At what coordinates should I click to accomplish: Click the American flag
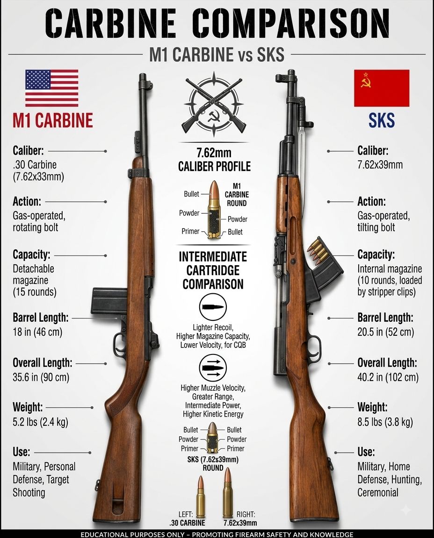tap(51, 88)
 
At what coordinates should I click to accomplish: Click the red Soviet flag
tap(382, 88)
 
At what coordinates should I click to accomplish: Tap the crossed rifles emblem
tap(214, 104)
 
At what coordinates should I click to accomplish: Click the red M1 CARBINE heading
tap(52, 120)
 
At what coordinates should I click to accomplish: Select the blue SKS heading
tap(382, 120)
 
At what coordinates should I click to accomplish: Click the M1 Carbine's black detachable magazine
tap(106, 301)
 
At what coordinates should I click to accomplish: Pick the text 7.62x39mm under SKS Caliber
tap(380, 165)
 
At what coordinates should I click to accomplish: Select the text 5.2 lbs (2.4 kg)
tap(40, 422)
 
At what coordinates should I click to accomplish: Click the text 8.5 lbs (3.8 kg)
tap(385, 422)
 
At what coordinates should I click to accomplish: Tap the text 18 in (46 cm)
tap(37, 332)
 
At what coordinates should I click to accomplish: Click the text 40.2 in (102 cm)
tap(388, 377)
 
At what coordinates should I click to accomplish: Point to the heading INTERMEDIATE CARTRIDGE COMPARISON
tap(213, 270)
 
